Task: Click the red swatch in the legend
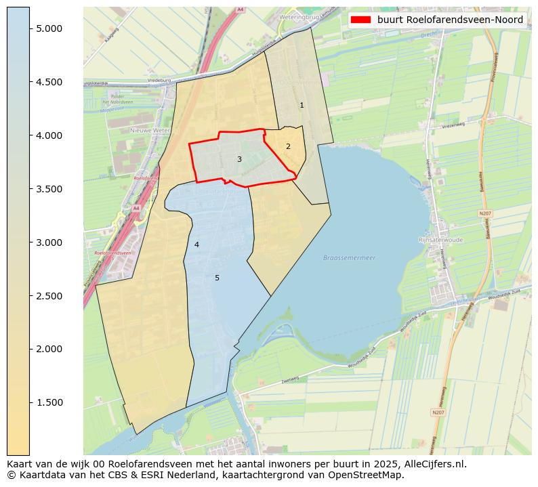click(x=360, y=20)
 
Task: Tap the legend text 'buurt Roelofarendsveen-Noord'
click(x=450, y=20)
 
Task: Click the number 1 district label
click(x=302, y=105)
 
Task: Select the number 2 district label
click(x=288, y=146)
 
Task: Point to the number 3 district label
click(x=239, y=159)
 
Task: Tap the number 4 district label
click(x=196, y=245)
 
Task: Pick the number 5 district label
click(x=217, y=278)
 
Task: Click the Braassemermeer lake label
click(x=349, y=258)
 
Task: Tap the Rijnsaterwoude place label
click(x=440, y=239)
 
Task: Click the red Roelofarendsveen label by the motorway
click(x=113, y=252)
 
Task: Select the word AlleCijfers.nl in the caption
click(x=432, y=464)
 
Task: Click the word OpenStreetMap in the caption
click(x=371, y=475)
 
